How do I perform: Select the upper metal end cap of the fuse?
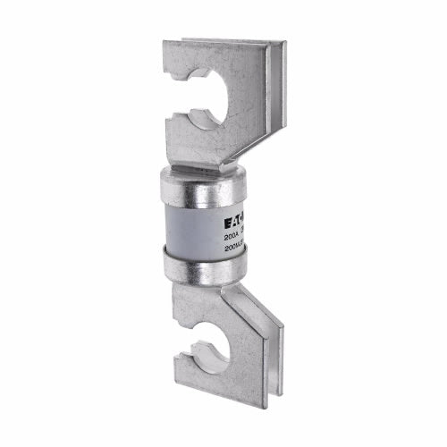[201, 186]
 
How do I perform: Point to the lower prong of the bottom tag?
[189, 376]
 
